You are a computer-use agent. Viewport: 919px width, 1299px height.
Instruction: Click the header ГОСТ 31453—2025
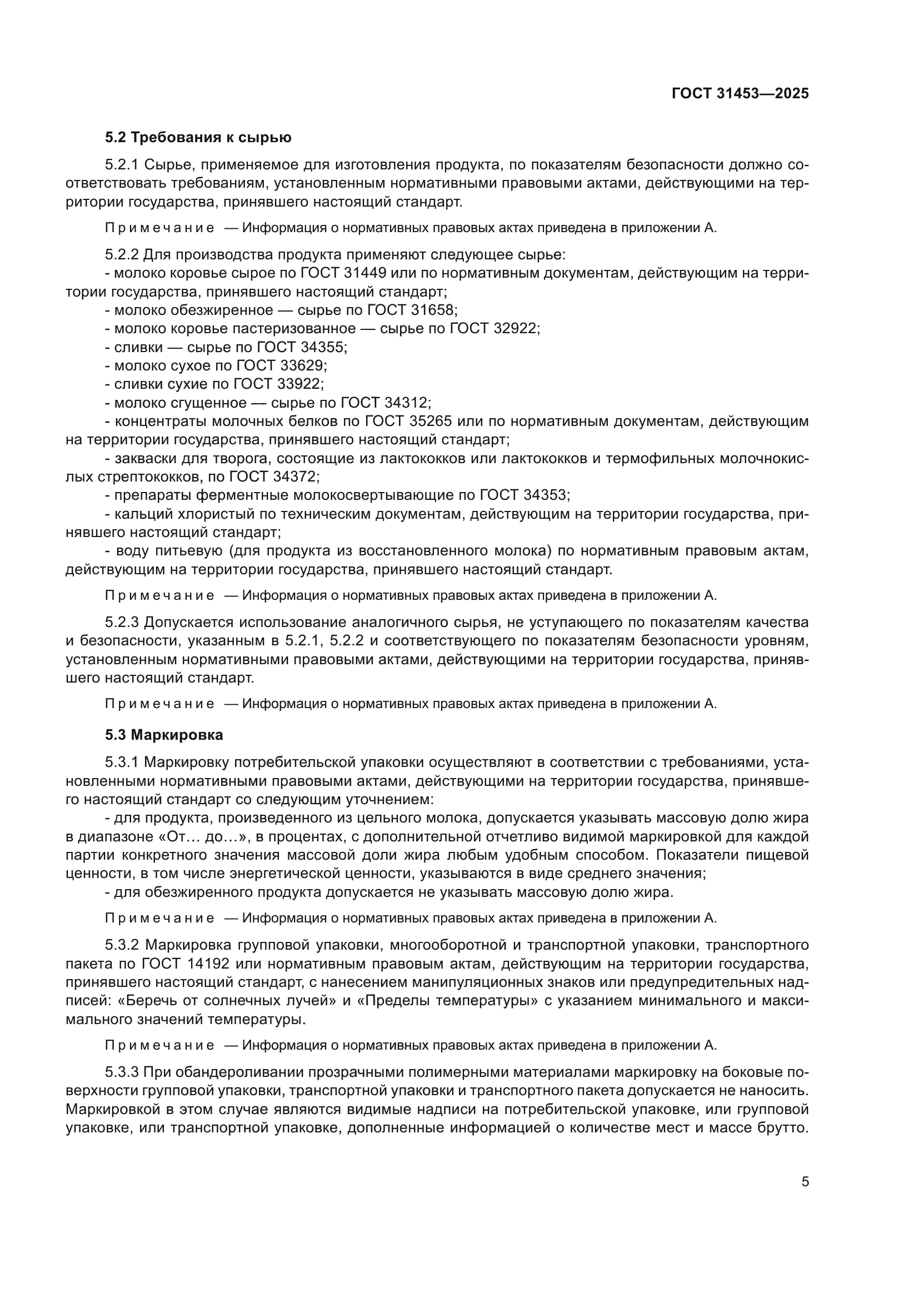(x=740, y=94)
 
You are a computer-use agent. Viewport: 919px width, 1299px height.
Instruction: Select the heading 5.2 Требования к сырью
(x=198, y=138)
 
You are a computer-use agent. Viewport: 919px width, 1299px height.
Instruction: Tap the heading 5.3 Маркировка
(x=163, y=735)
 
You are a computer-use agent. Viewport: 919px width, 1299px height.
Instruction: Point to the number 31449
(x=365, y=273)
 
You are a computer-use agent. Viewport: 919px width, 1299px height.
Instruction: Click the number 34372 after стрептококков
(x=295, y=477)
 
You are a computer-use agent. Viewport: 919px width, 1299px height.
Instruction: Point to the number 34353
(x=545, y=495)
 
